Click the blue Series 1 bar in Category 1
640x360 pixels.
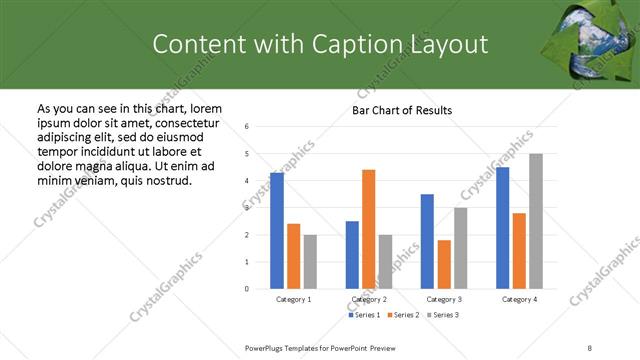[277, 231]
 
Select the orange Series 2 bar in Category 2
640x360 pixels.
[368, 229]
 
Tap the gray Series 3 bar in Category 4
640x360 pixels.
[536, 221]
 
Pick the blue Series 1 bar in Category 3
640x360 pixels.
[427, 241]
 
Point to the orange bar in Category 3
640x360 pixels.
[444, 264]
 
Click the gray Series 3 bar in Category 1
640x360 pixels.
[310, 262]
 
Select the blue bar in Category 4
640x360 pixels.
[502, 228]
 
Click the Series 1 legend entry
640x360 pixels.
[365, 315]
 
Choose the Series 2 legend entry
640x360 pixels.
[402, 315]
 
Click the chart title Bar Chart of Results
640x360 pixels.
[402, 110]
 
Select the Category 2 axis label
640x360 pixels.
[369, 299]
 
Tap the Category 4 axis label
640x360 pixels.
[519, 299]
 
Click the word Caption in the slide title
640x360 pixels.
[361, 44]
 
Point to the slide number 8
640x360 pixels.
[591, 347]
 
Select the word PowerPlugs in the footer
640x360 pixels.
[266, 347]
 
